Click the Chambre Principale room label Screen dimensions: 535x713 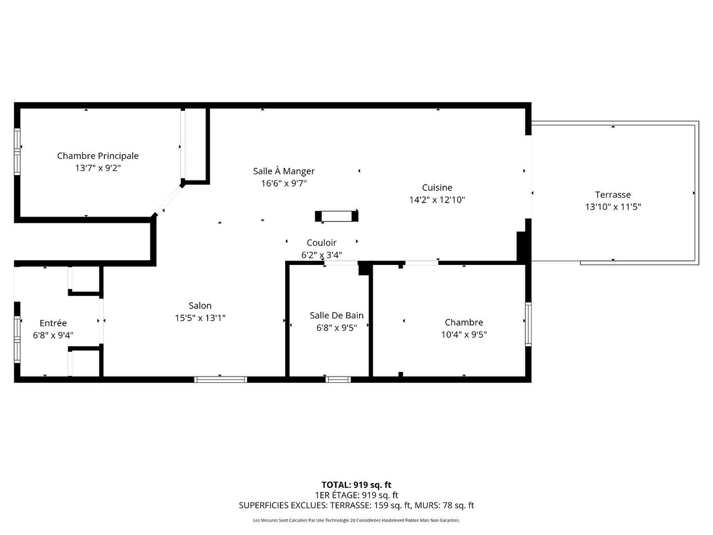click(x=98, y=156)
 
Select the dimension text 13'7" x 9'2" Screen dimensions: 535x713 click(x=98, y=168)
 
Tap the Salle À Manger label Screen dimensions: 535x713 click(x=284, y=171)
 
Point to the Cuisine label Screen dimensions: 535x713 click(x=437, y=187)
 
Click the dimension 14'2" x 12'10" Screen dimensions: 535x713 click(x=437, y=200)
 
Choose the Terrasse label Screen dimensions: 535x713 click(x=612, y=195)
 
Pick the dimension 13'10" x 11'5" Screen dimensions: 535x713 click(x=612, y=207)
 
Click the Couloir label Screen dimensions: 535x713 click(x=321, y=242)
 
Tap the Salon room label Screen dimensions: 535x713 click(x=200, y=306)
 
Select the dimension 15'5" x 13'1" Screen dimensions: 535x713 click(x=200, y=318)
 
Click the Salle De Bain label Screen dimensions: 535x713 click(x=336, y=315)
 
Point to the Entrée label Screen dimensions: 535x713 click(x=53, y=323)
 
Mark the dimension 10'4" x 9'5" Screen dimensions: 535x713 click(x=463, y=335)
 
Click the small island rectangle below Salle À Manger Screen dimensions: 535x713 click(x=337, y=216)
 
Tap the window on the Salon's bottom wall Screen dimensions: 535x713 click(x=220, y=379)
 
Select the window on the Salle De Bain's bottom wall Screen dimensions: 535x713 click(x=338, y=379)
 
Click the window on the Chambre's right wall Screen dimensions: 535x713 click(x=528, y=324)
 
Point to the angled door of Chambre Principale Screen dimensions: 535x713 click(x=168, y=199)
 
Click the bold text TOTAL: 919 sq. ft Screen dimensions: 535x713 click(x=356, y=485)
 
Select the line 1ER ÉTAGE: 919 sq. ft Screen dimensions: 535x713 click(x=356, y=495)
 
